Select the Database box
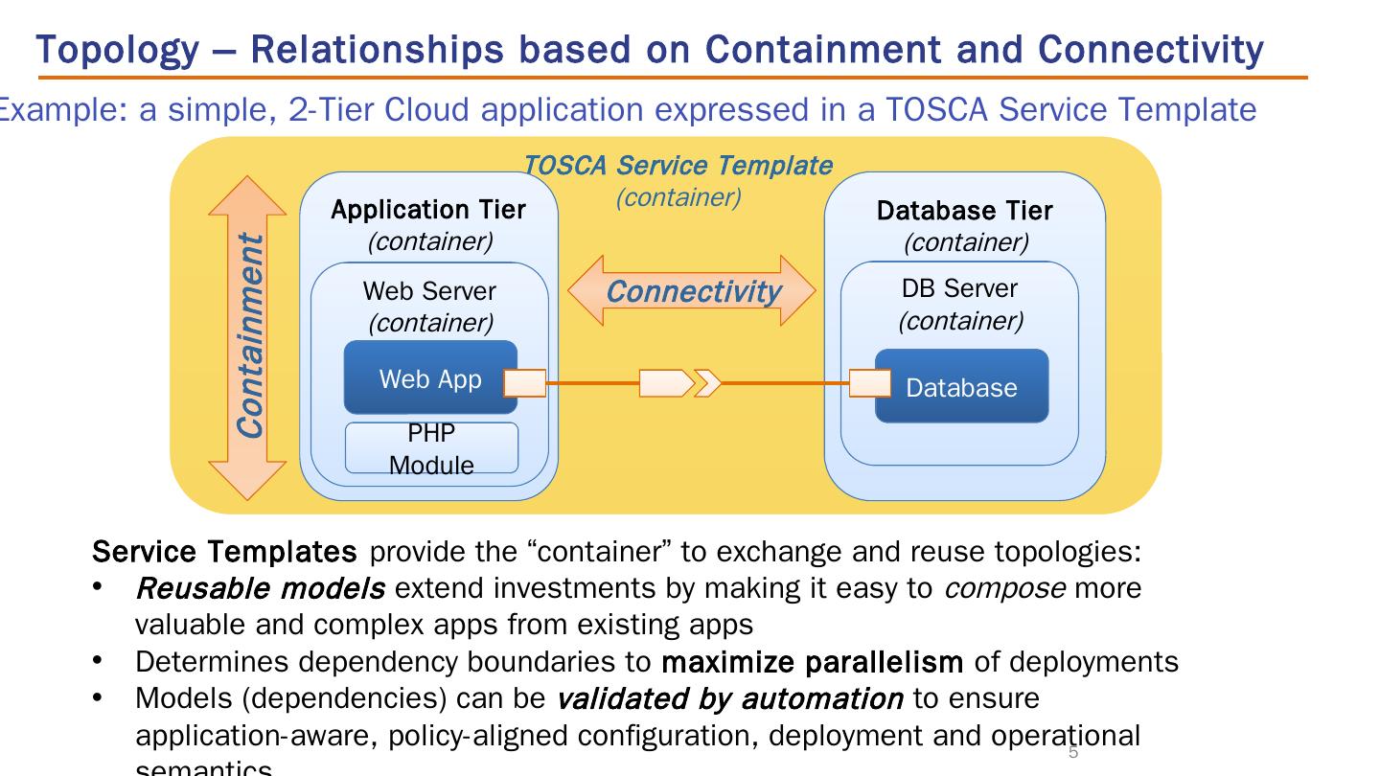point(961,387)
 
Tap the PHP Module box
point(431,449)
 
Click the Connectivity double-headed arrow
point(692,291)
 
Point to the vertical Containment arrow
point(247,337)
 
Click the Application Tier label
point(428,210)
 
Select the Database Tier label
point(964,211)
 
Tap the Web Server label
point(429,290)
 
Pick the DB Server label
point(959,288)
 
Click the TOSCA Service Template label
point(678,166)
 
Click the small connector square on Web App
point(524,383)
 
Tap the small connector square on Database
point(870,383)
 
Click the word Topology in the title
point(116,49)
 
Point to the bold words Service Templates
point(224,552)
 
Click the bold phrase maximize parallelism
point(813,662)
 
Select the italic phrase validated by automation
point(729,699)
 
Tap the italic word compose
point(1004,587)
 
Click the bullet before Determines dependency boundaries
point(98,661)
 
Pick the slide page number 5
point(1073,753)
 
